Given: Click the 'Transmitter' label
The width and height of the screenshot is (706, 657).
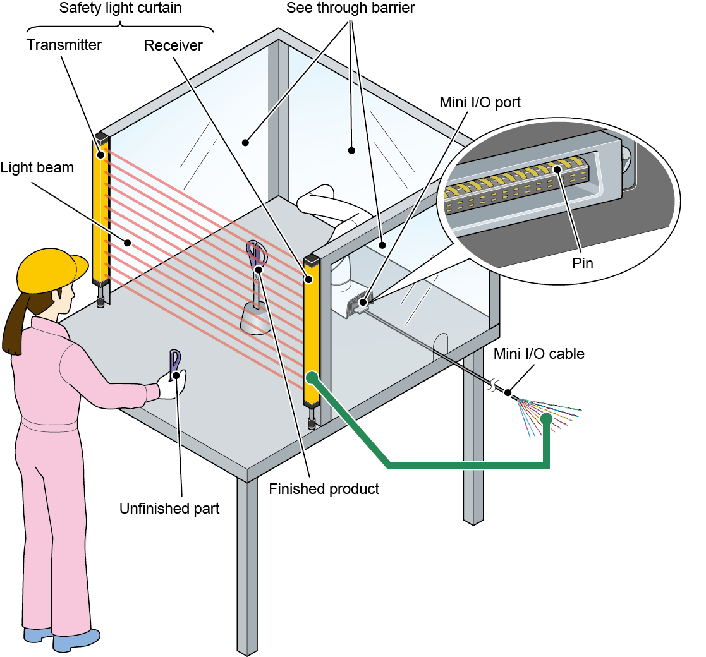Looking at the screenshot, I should tap(64, 45).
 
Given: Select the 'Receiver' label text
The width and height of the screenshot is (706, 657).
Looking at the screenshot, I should tap(173, 45).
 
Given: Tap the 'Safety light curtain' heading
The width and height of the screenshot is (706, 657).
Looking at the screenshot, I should tap(119, 8).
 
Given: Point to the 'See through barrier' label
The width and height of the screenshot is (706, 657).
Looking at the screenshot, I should tap(350, 8).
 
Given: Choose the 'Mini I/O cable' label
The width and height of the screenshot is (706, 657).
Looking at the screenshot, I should tap(539, 354).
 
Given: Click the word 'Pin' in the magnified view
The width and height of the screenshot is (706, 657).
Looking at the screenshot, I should tap(582, 263).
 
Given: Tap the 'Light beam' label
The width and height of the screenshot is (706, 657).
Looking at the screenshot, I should tap(37, 167).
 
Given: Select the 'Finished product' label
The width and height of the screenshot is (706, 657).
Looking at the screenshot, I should tap(324, 489).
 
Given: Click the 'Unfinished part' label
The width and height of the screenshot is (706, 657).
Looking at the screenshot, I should tap(169, 509).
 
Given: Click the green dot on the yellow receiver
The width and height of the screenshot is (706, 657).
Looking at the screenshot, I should tap(311, 378).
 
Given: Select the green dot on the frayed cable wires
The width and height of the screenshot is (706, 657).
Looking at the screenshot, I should tap(546, 419).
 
